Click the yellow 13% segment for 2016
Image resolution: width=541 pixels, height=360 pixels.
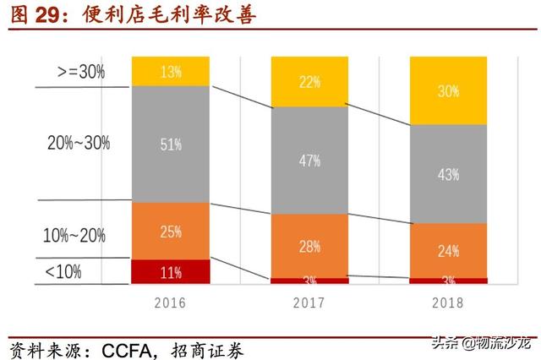170,72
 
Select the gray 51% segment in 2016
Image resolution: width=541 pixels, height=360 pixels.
170,144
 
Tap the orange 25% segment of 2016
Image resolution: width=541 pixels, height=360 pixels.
170,231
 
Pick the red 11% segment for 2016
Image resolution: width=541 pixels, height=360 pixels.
170,271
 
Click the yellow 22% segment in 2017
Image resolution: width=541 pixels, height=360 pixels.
309,82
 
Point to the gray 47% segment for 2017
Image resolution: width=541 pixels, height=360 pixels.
309,161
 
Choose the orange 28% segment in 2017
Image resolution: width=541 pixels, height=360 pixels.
309,245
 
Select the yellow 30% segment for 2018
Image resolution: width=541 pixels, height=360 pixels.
449,91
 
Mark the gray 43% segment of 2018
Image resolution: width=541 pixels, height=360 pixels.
449,174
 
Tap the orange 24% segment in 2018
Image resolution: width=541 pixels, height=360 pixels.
449,250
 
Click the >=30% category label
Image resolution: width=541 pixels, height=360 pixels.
81,72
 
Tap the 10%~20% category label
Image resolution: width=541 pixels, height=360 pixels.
77,236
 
